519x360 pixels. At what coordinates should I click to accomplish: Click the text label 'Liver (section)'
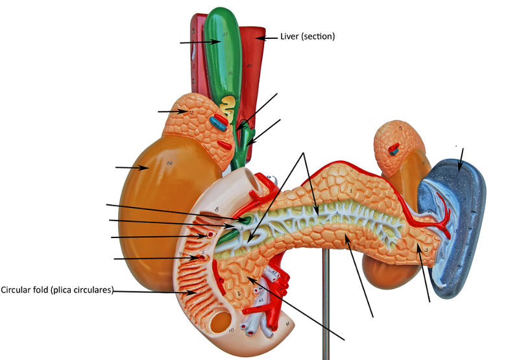[x=308, y=37]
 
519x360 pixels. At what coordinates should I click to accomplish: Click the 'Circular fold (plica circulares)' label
[x=57, y=290]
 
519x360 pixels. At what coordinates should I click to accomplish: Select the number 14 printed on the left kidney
[x=169, y=162]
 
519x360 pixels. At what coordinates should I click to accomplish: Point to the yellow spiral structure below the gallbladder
[x=228, y=102]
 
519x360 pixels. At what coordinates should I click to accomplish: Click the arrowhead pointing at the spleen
[x=459, y=169]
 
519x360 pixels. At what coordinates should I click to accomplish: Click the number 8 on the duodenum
[x=217, y=210]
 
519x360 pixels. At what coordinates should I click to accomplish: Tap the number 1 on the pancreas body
[x=351, y=191]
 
